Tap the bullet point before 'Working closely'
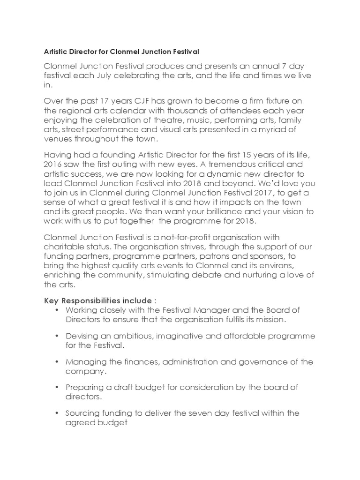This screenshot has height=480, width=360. (x=57, y=310)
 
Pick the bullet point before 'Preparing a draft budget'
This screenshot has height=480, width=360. (x=57, y=388)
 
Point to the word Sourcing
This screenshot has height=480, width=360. (x=82, y=413)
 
